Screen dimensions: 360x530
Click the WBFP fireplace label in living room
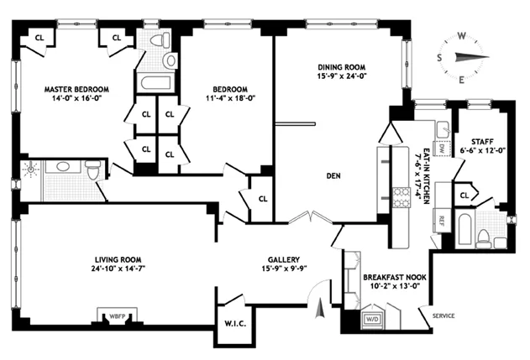coord(113,317)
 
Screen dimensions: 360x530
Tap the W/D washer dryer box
coord(370,319)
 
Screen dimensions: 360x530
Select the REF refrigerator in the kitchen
coord(441,222)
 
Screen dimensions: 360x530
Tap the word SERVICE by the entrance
coord(443,316)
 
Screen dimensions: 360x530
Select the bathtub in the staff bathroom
coord(463,228)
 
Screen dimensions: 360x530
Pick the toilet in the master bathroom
coord(92,170)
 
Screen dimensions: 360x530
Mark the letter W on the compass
coord(460,36)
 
